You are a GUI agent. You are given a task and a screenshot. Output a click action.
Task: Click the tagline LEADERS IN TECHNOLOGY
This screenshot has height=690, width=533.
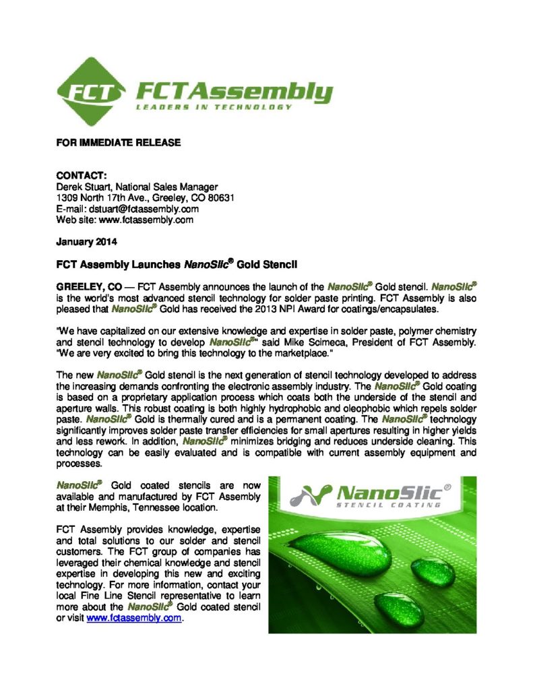(x=214, y=106)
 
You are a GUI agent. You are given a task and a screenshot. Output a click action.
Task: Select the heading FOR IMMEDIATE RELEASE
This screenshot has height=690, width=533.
(x=118, y=143)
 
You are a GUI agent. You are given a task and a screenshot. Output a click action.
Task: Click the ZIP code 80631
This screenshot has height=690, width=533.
(x=218, y=198)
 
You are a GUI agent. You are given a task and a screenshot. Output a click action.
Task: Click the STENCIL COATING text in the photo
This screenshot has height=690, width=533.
(x=389, y=504)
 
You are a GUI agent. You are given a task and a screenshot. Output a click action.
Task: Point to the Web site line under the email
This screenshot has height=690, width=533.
(x=125, y=220)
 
